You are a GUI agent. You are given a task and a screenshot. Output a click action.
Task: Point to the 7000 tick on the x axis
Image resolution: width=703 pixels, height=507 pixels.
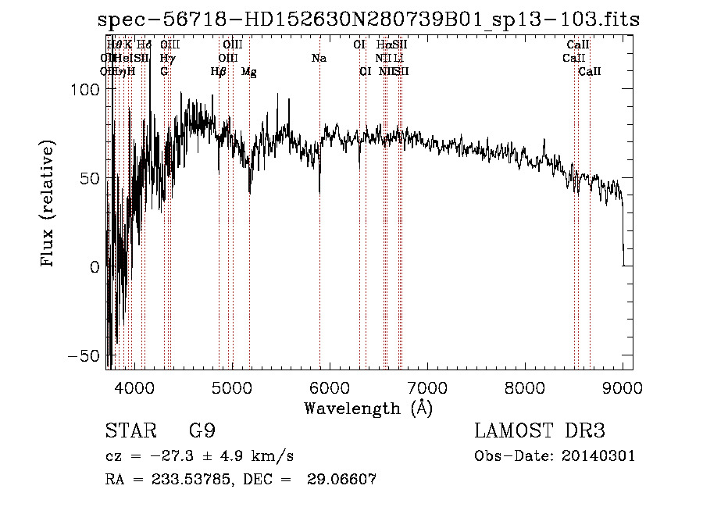coord(427,387)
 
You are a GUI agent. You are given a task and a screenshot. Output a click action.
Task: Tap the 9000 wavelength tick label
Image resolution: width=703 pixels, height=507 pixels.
coord(623,387)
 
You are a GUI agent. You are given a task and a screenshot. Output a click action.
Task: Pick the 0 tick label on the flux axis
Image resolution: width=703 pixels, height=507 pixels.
coord(94,267)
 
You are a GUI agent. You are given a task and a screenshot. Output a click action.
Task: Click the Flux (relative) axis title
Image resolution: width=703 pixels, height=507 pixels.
coord(48,205)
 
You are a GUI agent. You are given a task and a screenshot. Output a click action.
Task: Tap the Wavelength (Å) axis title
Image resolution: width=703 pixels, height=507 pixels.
coord(369,408)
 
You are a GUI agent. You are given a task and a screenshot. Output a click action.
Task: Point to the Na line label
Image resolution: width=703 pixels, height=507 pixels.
coord(319,59)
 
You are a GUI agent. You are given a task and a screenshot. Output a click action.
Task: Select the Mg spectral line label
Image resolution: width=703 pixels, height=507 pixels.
coord(249,72)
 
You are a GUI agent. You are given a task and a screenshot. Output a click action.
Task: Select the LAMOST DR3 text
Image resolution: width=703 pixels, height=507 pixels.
coord(540,431)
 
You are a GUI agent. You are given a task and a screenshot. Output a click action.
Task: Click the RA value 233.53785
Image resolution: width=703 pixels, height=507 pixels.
coord(191,480)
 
